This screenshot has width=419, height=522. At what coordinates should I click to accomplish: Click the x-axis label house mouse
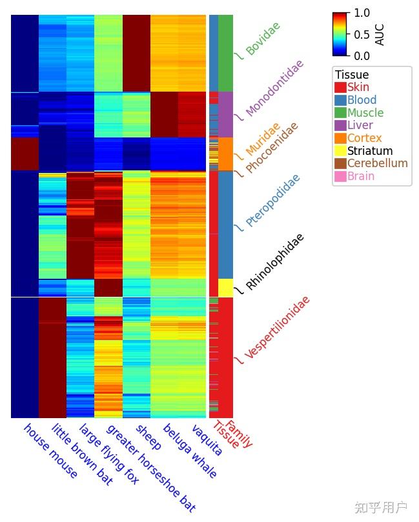50,452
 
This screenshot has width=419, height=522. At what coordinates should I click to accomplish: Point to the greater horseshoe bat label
150,468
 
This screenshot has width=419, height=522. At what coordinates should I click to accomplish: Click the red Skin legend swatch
340,87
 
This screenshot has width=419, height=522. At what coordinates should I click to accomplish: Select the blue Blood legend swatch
340,100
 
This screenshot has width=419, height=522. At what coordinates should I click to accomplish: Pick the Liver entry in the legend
360,125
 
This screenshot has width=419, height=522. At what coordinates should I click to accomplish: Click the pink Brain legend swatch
340,176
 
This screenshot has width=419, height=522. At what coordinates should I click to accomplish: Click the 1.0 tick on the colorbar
362,13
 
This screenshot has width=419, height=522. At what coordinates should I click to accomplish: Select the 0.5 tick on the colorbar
362,34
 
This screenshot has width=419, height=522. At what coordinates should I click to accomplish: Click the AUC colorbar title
380,34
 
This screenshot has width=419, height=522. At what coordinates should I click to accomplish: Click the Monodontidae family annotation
274,88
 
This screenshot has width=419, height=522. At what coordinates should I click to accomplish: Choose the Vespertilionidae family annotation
277,327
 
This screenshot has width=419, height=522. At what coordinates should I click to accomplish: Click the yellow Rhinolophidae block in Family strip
225,287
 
